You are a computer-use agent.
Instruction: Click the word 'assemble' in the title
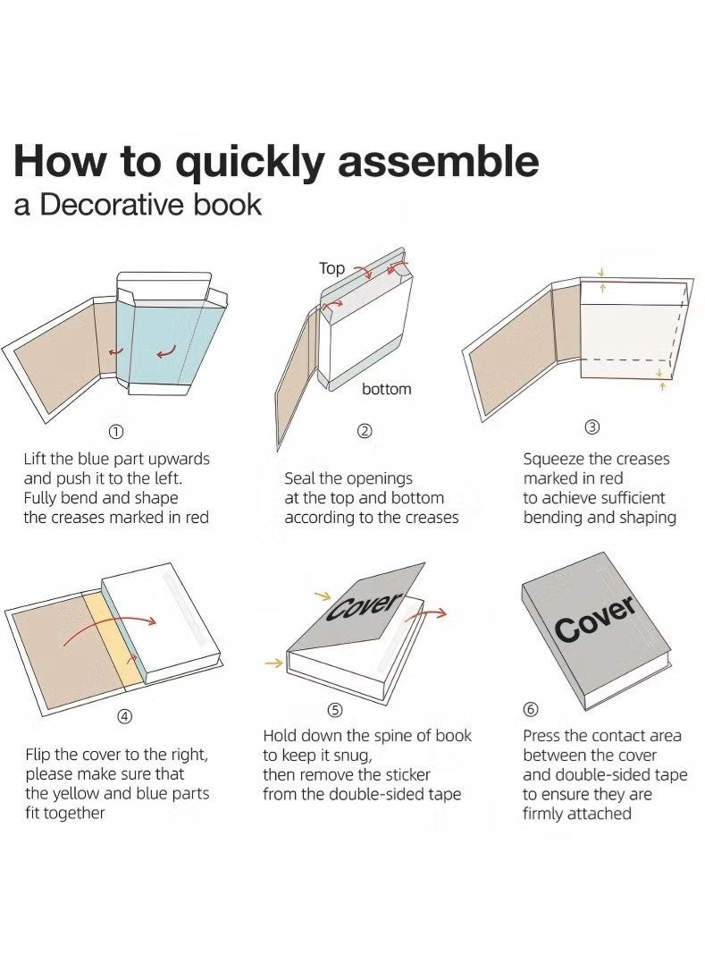pyautogui.click(x=439, y=161)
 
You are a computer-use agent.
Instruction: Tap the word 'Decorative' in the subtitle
pyautogui.click(x=113, y=205)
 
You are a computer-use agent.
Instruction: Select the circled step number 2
pyautogui.click(x=365, y=431)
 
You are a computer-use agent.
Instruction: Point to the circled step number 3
pyautogui.click(x=592, y=427)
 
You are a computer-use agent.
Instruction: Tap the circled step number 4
pyautogui.click(x=124, y=716)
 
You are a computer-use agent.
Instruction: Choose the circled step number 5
pyautogui.click(x=334, y=711)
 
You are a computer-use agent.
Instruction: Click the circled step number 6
pyautogui.click(x=531, y=710)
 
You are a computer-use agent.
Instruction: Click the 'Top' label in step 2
pyautogui.click(x=332, y=268)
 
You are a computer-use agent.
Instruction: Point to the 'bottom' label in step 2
pyautogui.click(x=387, y=389)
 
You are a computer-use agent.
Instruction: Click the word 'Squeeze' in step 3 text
pyautogui.click(x=553, y=460)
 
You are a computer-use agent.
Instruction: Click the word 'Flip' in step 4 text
pyautogui.click(x=38, y=755)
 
